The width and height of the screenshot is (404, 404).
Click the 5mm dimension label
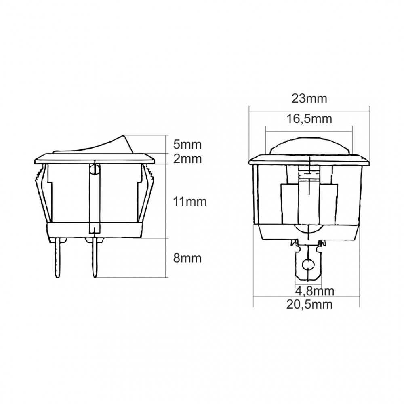pyautogui.click(x=187, y=145)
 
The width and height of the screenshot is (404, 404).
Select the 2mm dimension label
pyautogui.click(x=187, y=159)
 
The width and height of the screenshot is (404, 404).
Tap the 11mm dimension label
pyautogui.click(x=190, y=202)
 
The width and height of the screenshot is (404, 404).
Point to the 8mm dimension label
pyautogui.click(x=187, y=258)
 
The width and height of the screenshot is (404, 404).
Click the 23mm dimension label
pyautogui.click(x=309, y=99)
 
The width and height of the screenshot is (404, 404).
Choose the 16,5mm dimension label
pyautogui.click(x=309, y=119)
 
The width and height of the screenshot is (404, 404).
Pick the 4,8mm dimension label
pyautogui.click(x=315, y=291)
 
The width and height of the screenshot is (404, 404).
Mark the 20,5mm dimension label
pyautogui.click(x=309, y=305)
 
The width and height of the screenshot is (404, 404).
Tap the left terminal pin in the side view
pyautogui.click(x=57, y=258)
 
